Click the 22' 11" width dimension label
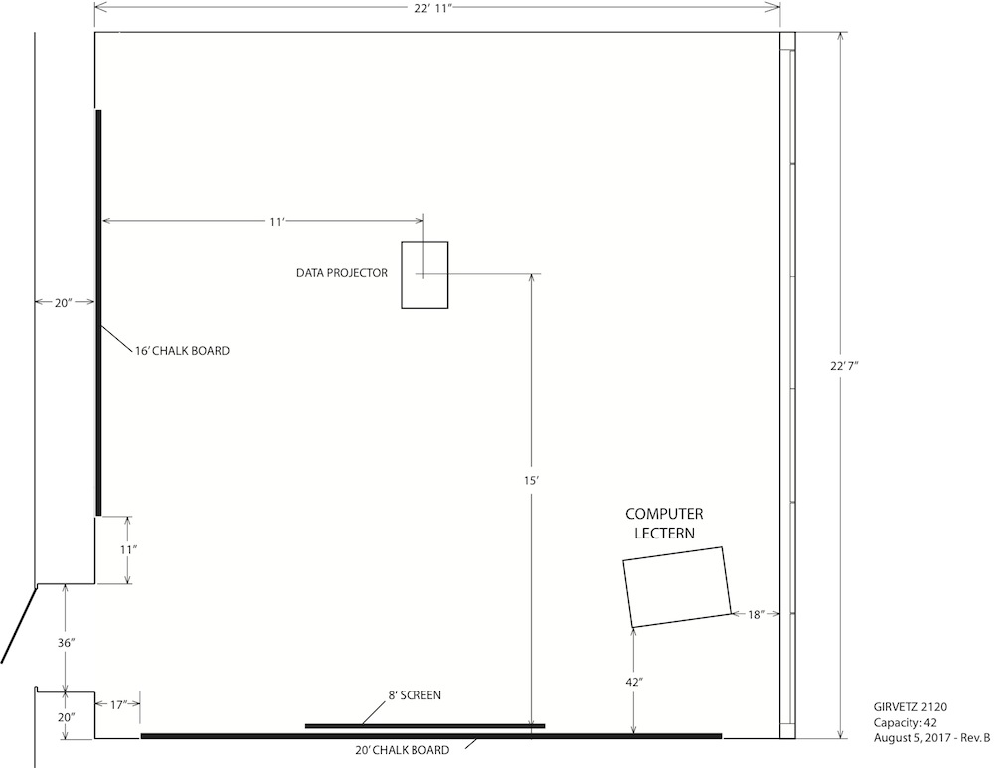pos(433,8)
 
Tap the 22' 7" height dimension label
pos(844,366)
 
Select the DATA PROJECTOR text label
pos(342,273)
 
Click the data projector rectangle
pos(424,275)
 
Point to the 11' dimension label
pos(277,222)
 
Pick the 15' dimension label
pos(531,480)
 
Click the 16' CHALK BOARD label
pos(182,351)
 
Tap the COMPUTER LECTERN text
pos(664,523)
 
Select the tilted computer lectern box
pos(676,587)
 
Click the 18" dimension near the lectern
pos(755,614)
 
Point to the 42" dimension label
pos(634,682)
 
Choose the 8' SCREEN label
pos(414,695)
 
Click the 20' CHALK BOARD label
pos(402,750)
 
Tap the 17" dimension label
pos(118,704)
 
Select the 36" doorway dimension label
pos(66,643)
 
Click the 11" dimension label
pos(128,550)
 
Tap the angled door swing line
pos(19,624)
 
